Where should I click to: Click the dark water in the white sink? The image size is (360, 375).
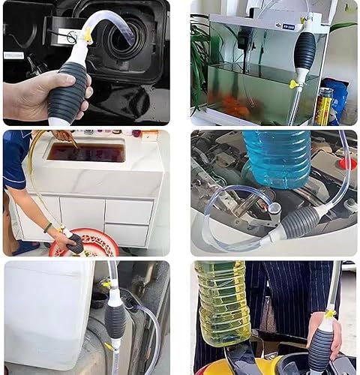coord(86,153)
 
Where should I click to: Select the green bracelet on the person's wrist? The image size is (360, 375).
coord(48,227)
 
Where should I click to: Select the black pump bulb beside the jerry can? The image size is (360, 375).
coord(115,319)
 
